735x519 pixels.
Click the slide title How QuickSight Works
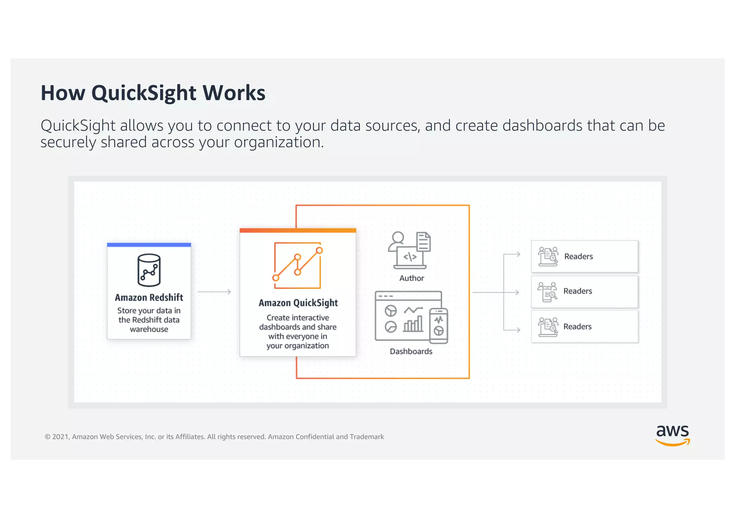(x=153, y=93)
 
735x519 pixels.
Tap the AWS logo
(x=672, y=435)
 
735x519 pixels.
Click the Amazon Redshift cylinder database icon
(x=149, y=270)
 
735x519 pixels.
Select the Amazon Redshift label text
(x=149, y=297)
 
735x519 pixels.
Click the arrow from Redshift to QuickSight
(x=214, y=292)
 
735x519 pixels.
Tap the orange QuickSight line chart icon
(x=298, y=265)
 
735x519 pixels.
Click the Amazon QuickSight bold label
(x=298, y=303)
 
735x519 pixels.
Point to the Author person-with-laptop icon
(x=409, y=250)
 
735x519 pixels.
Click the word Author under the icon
(x=411, y=278)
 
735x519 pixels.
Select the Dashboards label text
(x=411, y=351)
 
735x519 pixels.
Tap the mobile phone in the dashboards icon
(x=439, y=326)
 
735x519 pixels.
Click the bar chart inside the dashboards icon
(x=413, y=324)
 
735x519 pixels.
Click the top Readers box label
(x=578, y=256)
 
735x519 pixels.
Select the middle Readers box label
(x=577, y=291)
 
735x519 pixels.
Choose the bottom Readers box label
(x=577, y=326)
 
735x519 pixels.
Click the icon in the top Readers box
(x=548, y=256)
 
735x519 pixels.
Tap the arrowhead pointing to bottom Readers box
(x=518, y=330)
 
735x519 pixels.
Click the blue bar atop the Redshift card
(x=149, y=245)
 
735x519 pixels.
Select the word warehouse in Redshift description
(x=149, y=329)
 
